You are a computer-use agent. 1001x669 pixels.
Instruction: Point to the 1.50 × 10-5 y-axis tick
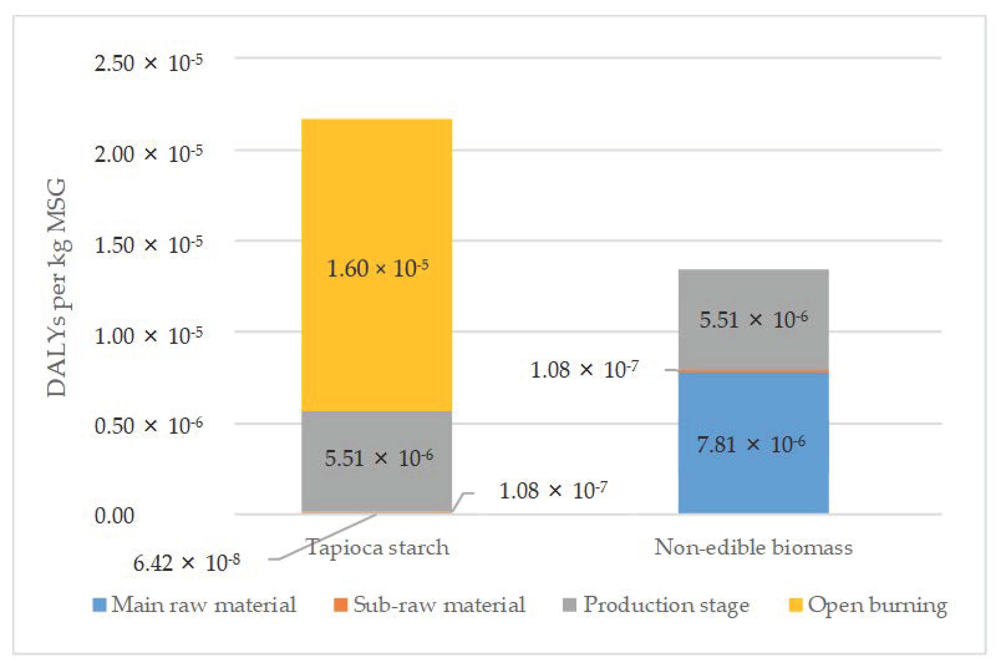[148, 245]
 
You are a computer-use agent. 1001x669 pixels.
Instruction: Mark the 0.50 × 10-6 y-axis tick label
[148, 425]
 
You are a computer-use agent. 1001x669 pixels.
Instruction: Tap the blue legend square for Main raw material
[99, 605]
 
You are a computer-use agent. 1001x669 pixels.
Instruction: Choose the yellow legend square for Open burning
[796, 605]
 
